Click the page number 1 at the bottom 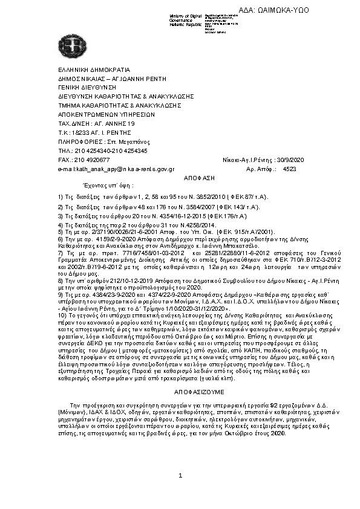coord(180,493)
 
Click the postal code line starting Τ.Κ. coord(91,132)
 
